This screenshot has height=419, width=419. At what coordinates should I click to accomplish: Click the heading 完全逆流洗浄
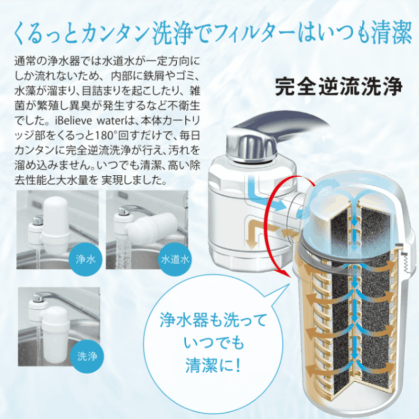point(339,86)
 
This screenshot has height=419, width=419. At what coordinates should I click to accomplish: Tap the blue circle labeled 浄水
point(86,259)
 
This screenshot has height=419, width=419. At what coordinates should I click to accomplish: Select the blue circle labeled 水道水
point(175,259)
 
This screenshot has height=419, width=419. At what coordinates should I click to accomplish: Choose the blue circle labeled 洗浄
point(87,356)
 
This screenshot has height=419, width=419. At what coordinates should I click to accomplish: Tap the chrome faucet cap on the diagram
point(250,146)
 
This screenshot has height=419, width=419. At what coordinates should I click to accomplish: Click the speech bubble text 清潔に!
point(213,365)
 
